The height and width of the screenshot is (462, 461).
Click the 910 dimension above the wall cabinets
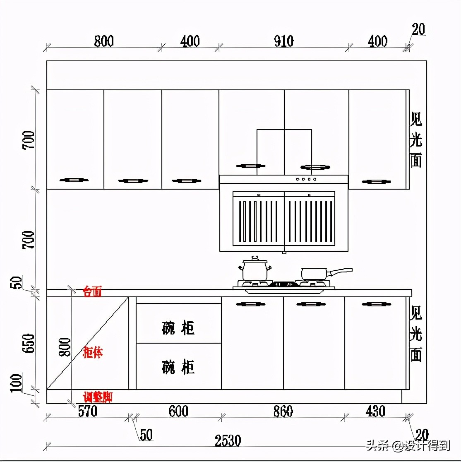(283, 41)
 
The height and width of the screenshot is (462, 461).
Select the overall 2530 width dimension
(228, 441)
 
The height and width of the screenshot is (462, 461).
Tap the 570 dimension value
(87, 411)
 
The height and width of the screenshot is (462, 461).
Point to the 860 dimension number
(283, 411)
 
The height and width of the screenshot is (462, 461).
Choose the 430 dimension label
(375, 411)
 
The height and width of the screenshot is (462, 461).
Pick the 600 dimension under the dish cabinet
(178, 411)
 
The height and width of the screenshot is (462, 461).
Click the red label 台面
(92, 292)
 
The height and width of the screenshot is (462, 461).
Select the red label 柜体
(93, 353)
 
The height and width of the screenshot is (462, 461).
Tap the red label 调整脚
(98, 397)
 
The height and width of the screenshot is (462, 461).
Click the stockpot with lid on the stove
(255, 270)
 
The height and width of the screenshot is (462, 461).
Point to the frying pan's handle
(340, 272)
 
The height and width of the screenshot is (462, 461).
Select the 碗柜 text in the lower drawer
(178, 367)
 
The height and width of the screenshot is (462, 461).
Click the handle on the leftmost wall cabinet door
(74, 180)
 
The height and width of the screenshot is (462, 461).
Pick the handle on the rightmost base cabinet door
(376, 304)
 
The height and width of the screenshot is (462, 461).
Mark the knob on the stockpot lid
(255, 258)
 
